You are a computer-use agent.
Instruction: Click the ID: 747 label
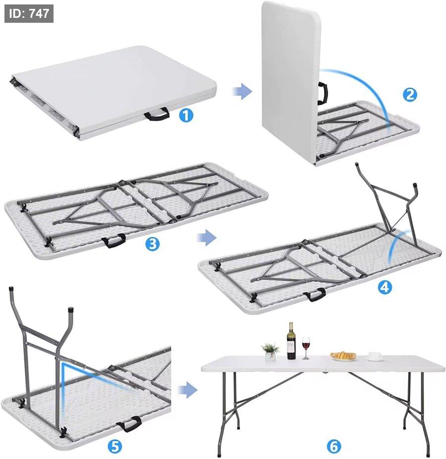29,13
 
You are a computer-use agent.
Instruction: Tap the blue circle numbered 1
186,115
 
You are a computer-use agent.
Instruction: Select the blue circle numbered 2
410,95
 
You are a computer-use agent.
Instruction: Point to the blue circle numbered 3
152,244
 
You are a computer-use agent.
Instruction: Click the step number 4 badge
385,287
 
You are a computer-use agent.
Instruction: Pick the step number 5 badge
115,447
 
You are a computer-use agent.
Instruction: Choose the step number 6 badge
334,446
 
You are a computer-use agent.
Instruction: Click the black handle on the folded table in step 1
157,114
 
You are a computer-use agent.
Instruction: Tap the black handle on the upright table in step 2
322,94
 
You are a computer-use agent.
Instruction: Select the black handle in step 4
315,295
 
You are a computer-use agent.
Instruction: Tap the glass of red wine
306,348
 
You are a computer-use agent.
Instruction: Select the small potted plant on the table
270,352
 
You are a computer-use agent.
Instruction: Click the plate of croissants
343,356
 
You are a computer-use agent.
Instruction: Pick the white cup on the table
374,356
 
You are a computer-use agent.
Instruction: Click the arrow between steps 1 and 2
242,91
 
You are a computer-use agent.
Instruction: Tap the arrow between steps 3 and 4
206,237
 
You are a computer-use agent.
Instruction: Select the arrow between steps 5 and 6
187,390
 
